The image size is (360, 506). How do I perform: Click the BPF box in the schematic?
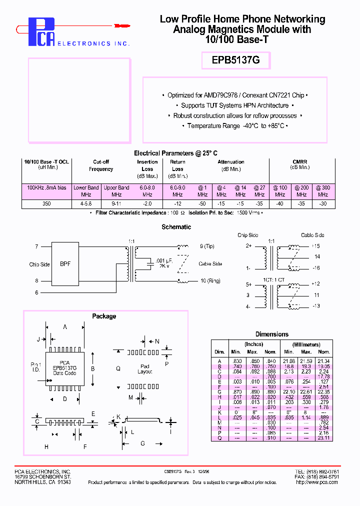point(65,263)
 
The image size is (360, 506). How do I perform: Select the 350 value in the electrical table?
point(47,203)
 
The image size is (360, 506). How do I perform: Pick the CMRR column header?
point(300,162)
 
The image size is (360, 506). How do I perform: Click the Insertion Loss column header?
point(147,165)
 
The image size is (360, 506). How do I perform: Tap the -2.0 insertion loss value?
point(147,203)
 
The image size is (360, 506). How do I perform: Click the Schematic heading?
point(176,227)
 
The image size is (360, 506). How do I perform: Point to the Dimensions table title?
point(271,334)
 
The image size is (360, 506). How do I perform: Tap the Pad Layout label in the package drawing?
point(144,369)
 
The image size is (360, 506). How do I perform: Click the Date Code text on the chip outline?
point(65,373)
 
